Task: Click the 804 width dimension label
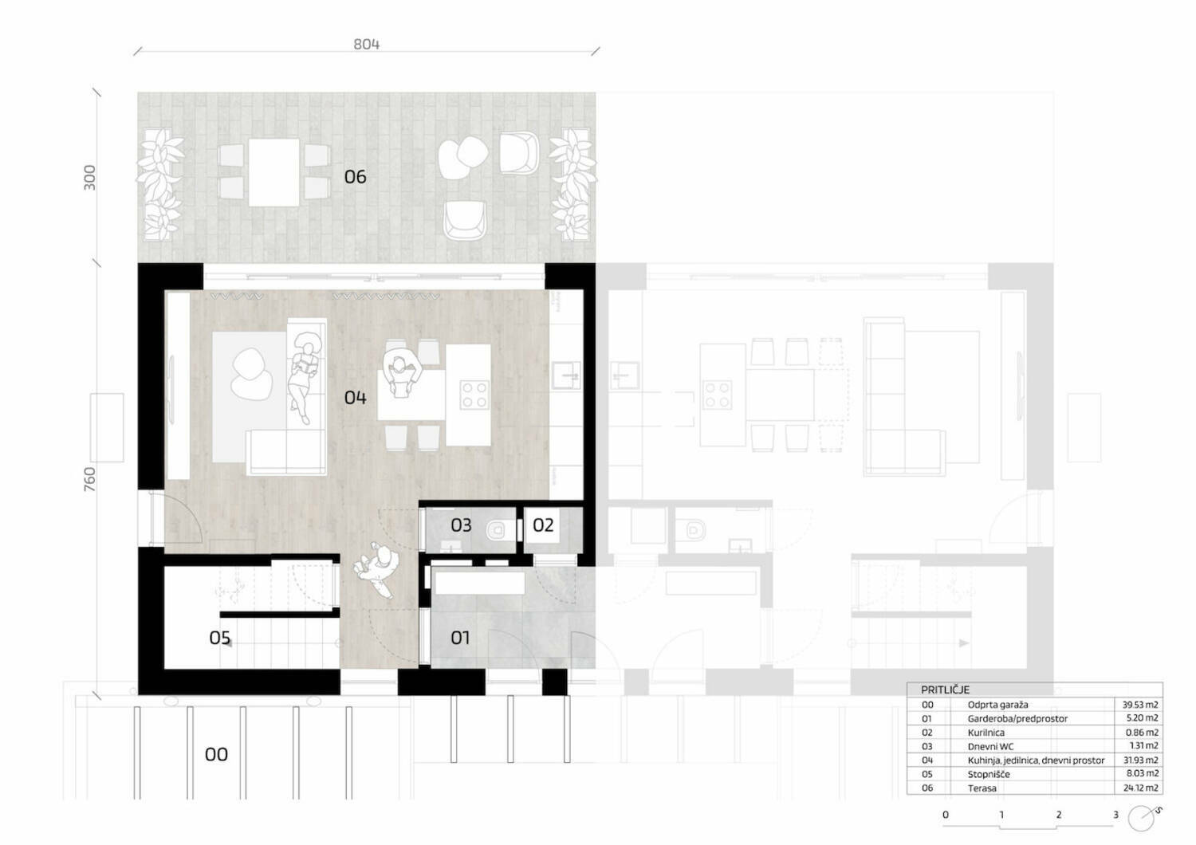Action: point(366,44)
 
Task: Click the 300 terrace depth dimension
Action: point(89,177)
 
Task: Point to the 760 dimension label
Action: point(89,479)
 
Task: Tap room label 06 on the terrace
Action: point(355,177)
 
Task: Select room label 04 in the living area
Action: point(355,397)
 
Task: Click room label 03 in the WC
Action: point(461,525)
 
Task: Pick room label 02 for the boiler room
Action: point(543,525)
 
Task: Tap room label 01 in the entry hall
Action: point(460,638)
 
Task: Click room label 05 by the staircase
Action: point(219,638)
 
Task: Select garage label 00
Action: point(216,754)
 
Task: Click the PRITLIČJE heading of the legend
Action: point(945,690)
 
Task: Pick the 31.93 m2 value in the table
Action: point(1140,760)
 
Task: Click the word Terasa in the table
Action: point(982,788)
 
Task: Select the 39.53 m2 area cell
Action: point(1140,705)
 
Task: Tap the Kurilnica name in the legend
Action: point(986,733)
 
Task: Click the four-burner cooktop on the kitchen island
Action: point(474,395)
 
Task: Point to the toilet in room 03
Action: point(498,531)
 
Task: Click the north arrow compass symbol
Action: point(1142,818)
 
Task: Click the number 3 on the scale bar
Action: point(1115,815)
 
